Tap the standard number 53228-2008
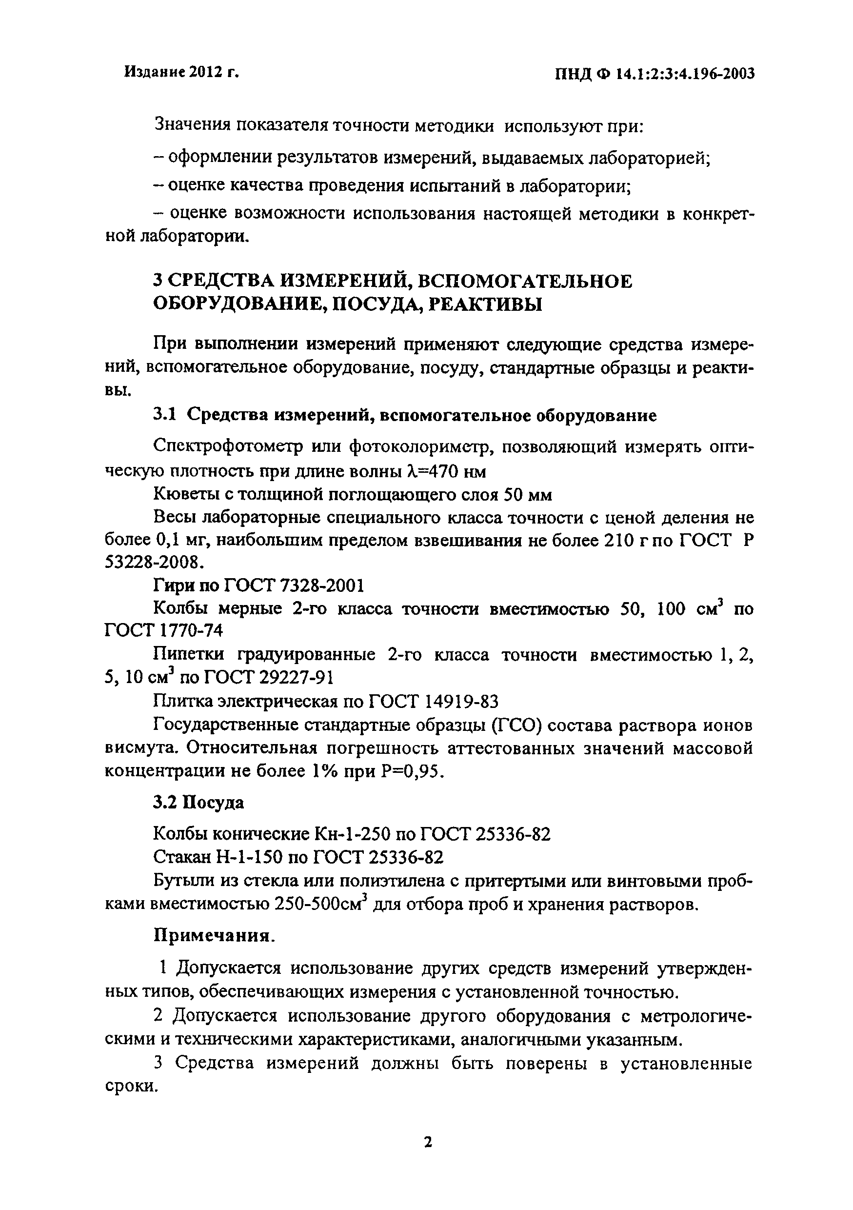click(153, 563)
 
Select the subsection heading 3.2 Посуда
click(198, 803)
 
